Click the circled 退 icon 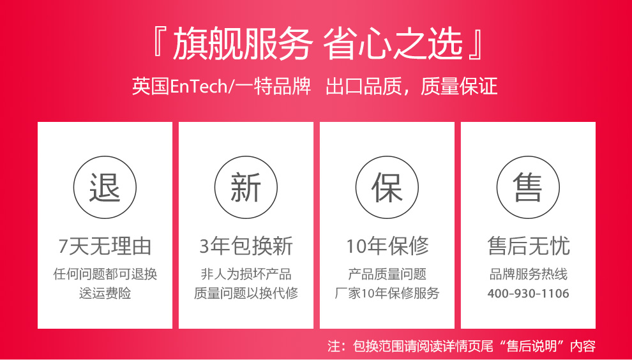click(x=105, y=188)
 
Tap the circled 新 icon click(x=246, y=188)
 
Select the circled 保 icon click(x=387, y=188)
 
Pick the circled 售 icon click(x=528, y=188)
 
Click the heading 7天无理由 click(x=105, y=246)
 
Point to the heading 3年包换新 click(x=246, y=246)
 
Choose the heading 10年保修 click(x=387, y=246)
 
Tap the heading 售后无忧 click(x=529, y=246)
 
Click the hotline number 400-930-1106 click(x=528, y=293)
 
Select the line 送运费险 click(x=105, y=293)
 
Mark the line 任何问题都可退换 click(x=105, y=274)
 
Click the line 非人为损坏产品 click(x=246, y=274)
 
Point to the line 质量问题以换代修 click(x=246, y=293)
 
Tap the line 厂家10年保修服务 click(x=387, y=293)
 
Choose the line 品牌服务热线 click(x=528, y=274)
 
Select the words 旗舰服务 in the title click(x=243, y=43)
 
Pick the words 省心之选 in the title click(x=393, y=43)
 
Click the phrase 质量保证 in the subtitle click(x=459, y=87)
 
